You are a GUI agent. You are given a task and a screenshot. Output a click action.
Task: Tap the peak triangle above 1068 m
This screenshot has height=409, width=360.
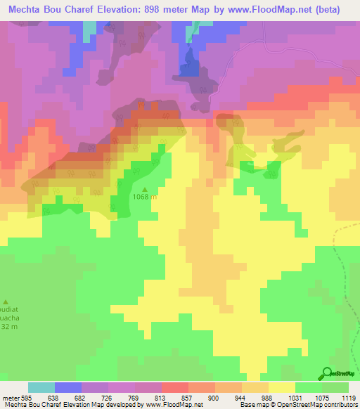[x=146, y=189]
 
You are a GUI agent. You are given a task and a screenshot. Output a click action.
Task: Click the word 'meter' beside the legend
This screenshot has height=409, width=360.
[x=9, y=398]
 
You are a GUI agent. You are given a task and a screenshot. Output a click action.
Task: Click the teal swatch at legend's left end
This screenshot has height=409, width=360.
[x=41, y=387]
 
